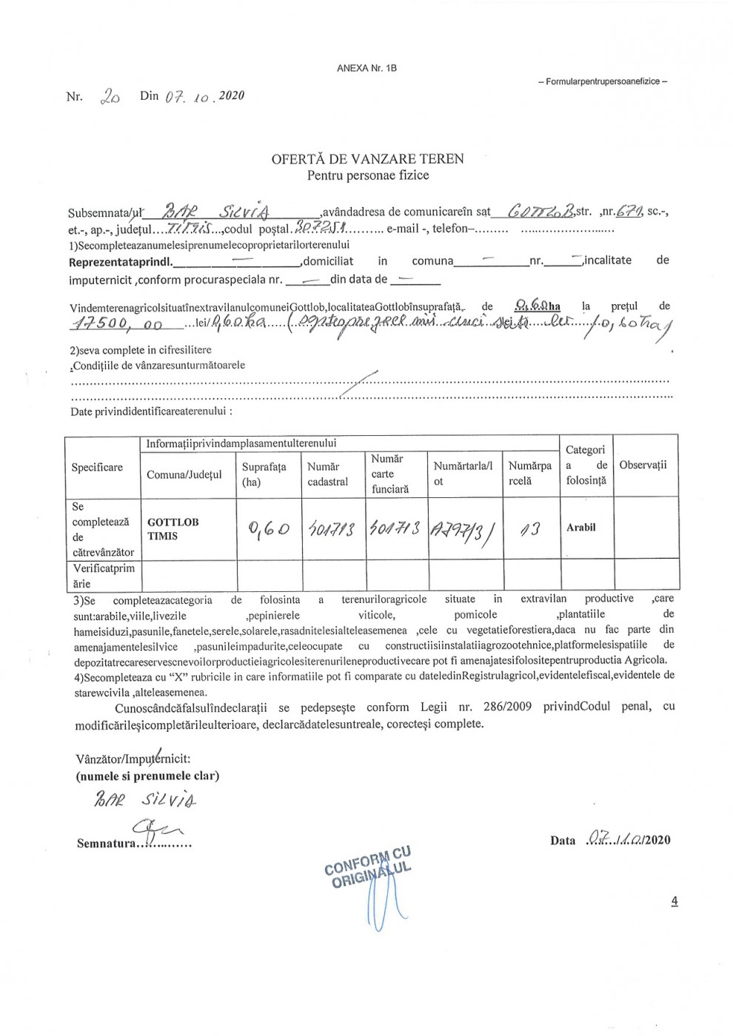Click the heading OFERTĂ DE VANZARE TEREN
click(367, 158)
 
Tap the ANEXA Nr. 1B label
click(366, 68)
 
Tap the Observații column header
click(643, 465)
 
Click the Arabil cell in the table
click(580, 528)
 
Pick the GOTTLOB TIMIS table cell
click(173, 528)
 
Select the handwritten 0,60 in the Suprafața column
click(268, 529)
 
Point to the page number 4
click(674, 901)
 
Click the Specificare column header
click(97, 467)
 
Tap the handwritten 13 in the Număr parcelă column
click(530, 529)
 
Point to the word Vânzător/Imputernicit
click(133, 759)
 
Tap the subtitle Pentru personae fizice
click(367, 175)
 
